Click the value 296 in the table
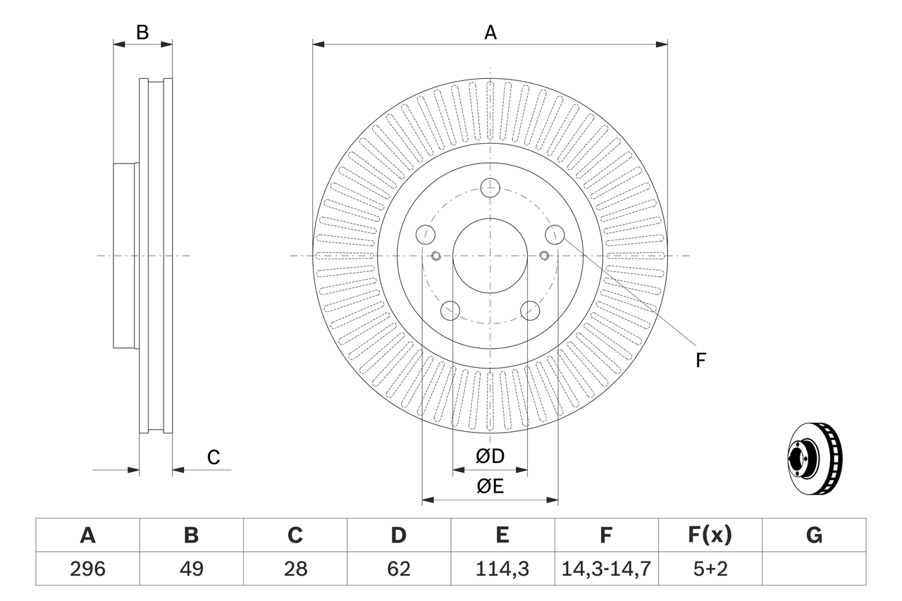(87, 569)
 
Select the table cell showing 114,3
(502, 569)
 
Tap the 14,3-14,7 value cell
(606, 569)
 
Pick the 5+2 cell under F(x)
(710, 569)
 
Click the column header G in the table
(814, 535)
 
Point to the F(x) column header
(710, 535)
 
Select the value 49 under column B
(191, 569)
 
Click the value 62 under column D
(398, 569)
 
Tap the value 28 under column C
(295, 569)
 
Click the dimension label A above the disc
(490, 32)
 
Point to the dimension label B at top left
(142, 32)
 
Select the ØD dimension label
(490, 457)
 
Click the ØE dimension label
(490, 486)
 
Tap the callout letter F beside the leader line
(700, 361)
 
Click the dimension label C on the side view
(214, 457)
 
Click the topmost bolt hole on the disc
(490, 187)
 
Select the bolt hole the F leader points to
(555, 234)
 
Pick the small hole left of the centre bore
(435, 255)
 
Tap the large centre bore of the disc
(490, 255)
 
